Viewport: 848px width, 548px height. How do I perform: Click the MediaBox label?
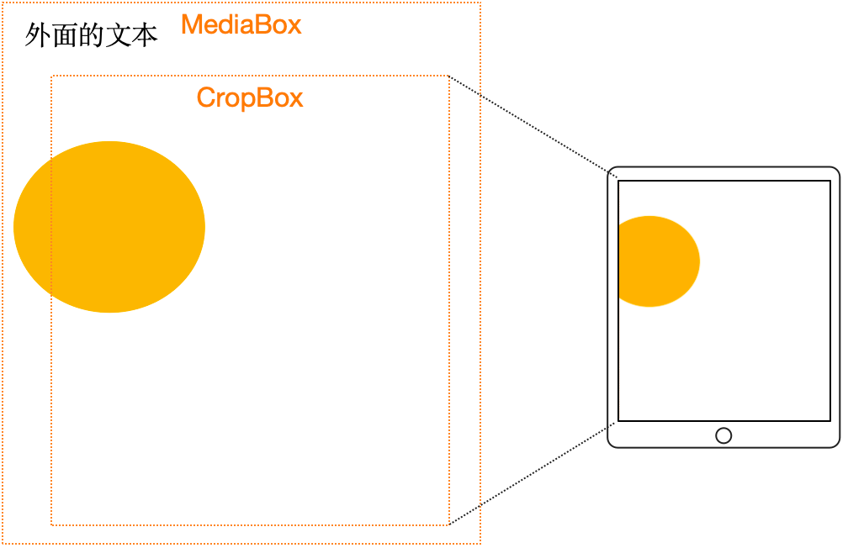241,24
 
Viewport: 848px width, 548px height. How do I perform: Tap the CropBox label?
250,97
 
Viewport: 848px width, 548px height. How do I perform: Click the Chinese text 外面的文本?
91,35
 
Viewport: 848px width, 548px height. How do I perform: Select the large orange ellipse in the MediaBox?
109,227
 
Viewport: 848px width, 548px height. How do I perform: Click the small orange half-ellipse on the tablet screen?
656,261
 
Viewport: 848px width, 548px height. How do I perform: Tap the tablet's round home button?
723,435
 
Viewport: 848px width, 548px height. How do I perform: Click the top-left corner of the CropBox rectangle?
51,76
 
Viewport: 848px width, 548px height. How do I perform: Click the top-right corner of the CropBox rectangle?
448,76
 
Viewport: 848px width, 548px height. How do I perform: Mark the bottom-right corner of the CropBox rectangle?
448,524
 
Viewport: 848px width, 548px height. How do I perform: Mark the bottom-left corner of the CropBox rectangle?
51,524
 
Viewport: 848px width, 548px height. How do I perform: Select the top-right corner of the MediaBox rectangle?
480,3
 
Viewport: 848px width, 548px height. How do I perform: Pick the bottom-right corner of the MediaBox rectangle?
480,543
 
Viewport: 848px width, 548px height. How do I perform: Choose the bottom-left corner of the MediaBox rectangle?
3,543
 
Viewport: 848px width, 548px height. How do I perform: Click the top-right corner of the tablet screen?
830,181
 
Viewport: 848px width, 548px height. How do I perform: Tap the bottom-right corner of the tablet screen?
830,420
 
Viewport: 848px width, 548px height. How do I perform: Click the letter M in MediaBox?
193,24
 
